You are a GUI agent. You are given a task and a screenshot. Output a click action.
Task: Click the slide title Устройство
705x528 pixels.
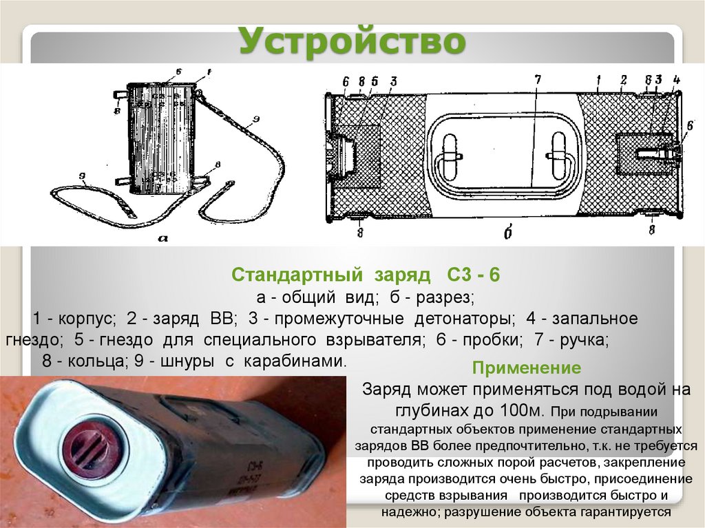click(352, 42)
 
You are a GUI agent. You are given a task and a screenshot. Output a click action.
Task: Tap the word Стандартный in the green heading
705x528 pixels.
click(297, 276)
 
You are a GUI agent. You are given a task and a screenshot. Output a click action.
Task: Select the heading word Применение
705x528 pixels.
click(527, 367)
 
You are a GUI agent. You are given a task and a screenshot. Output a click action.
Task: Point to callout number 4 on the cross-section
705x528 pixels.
click(677, 80)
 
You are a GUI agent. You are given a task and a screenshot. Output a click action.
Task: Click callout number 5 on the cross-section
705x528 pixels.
click(375, 80)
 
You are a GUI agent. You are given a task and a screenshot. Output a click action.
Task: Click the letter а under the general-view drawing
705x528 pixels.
click(163, 238)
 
